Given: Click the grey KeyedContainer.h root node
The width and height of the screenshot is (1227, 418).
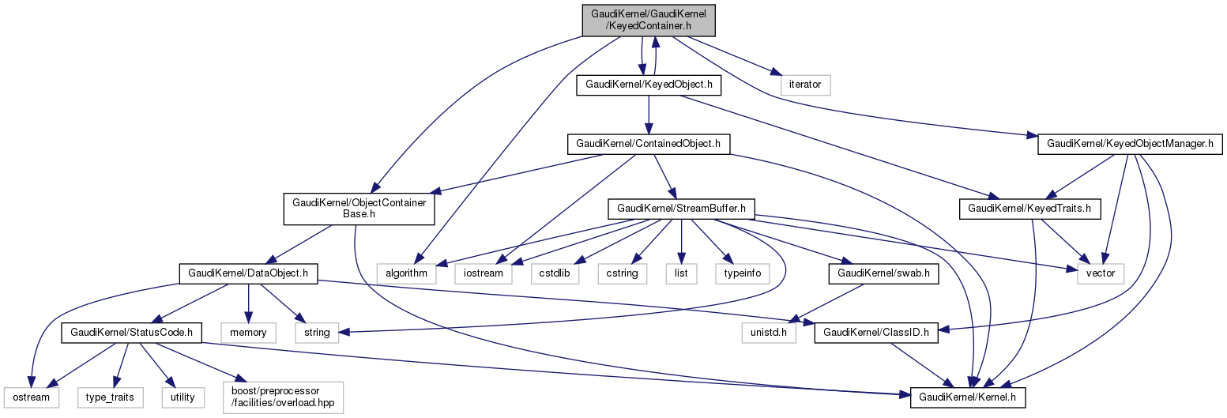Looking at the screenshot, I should tap(648, 19).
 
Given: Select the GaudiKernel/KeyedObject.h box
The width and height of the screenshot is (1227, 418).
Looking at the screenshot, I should tap(649, 84).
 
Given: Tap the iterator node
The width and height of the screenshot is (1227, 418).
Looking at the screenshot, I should tap(805, 84).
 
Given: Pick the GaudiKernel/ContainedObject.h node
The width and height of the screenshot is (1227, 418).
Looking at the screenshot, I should tap(648, 145).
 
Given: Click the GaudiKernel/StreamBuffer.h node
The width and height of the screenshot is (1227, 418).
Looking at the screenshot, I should tap(681, 209).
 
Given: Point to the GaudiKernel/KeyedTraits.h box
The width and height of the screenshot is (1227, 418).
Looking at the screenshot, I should tap(1029, 209).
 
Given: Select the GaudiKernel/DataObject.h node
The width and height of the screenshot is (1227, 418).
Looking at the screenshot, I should tap(249, 273).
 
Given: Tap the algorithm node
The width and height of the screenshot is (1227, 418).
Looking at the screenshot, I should tap(406, 273).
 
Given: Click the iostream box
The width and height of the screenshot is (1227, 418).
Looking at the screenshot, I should tap(484, 273).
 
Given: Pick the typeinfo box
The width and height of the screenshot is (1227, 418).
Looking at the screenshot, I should tap(742, 273).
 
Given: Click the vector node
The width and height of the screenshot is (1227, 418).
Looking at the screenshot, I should tap(1101, 273).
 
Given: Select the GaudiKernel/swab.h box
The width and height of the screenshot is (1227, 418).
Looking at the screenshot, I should tap(876, 273).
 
